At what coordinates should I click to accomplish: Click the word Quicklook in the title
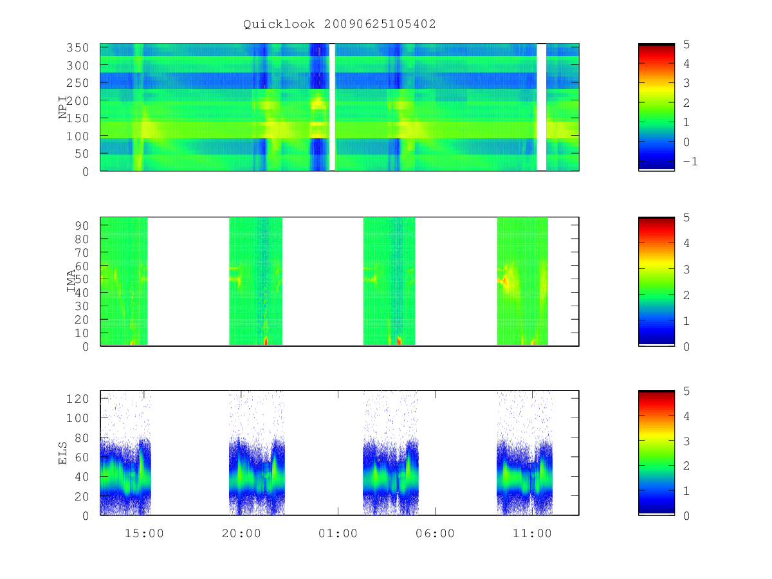(x=279, y=24)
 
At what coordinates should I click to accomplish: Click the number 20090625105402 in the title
(x=380, y=24)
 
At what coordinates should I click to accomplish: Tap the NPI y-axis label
(x=63, y=107)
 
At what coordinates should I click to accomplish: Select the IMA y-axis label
(x=71, y=280)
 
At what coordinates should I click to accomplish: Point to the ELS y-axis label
(x=62, y=453)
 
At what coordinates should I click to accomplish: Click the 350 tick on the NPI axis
(x=78, y=48)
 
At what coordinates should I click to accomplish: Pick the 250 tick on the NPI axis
(x=78, y=83)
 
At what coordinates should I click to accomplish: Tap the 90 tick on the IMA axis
(x=82, y=226)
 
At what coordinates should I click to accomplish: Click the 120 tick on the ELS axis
(x=78, y=399)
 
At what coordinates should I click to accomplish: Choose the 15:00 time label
(x=144, y=533)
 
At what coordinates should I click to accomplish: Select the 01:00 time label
(x=338, y=533)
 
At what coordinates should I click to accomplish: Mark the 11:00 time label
(x=532, y=533)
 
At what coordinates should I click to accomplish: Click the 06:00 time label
(x=435, y=533)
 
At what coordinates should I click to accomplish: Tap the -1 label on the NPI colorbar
(x=690, y=161)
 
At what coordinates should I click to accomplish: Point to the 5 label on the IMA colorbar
(x=686, y=217)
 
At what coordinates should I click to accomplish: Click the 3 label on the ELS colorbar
(x=686, y=441)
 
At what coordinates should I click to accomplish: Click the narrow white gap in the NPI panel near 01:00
(x=332, y=107)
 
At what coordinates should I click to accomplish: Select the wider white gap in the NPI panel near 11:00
(x=542, y=107)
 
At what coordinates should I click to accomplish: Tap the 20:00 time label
(x=241, y=533)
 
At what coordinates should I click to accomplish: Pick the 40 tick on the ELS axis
(x=82, y=477)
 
